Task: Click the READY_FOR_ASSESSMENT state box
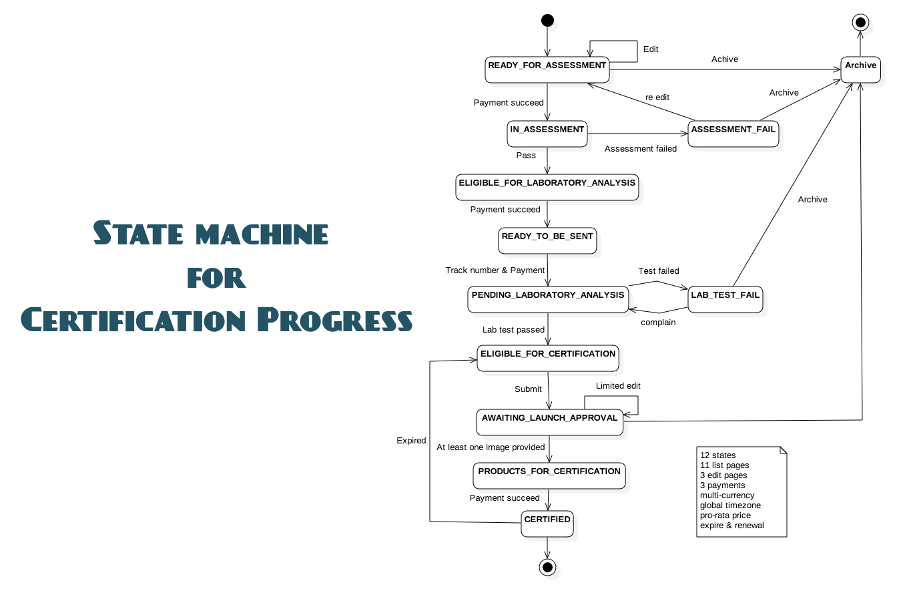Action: [x=547, y=69]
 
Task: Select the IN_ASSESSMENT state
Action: [x=547, y=134]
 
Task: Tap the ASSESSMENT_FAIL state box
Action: [x=733, y=134]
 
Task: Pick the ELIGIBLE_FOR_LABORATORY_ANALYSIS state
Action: [x=547, y=187]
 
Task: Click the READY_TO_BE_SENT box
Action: [x=547, y=240]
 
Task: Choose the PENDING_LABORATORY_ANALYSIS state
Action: [x=548, y=299]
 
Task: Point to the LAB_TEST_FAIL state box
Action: [x=725, y=299]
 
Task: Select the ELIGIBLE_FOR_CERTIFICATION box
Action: [x=547, y=358]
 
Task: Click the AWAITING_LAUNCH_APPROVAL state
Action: [x=549, y=422]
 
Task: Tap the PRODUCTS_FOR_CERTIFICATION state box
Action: [x=549, y=475]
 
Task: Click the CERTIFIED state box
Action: [x=547, y=524]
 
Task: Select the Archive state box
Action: [x=860, y=69]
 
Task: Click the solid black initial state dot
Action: [x=547, y=21]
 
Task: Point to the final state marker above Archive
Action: [x=860, y=22]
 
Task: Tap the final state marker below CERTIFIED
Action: [x=547, y=567]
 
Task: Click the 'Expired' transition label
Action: [x=411, y=441]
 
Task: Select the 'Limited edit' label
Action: [x=618, y=386]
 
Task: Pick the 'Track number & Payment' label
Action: [x=495, y=270]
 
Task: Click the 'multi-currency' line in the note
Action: [x=727, y=495]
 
